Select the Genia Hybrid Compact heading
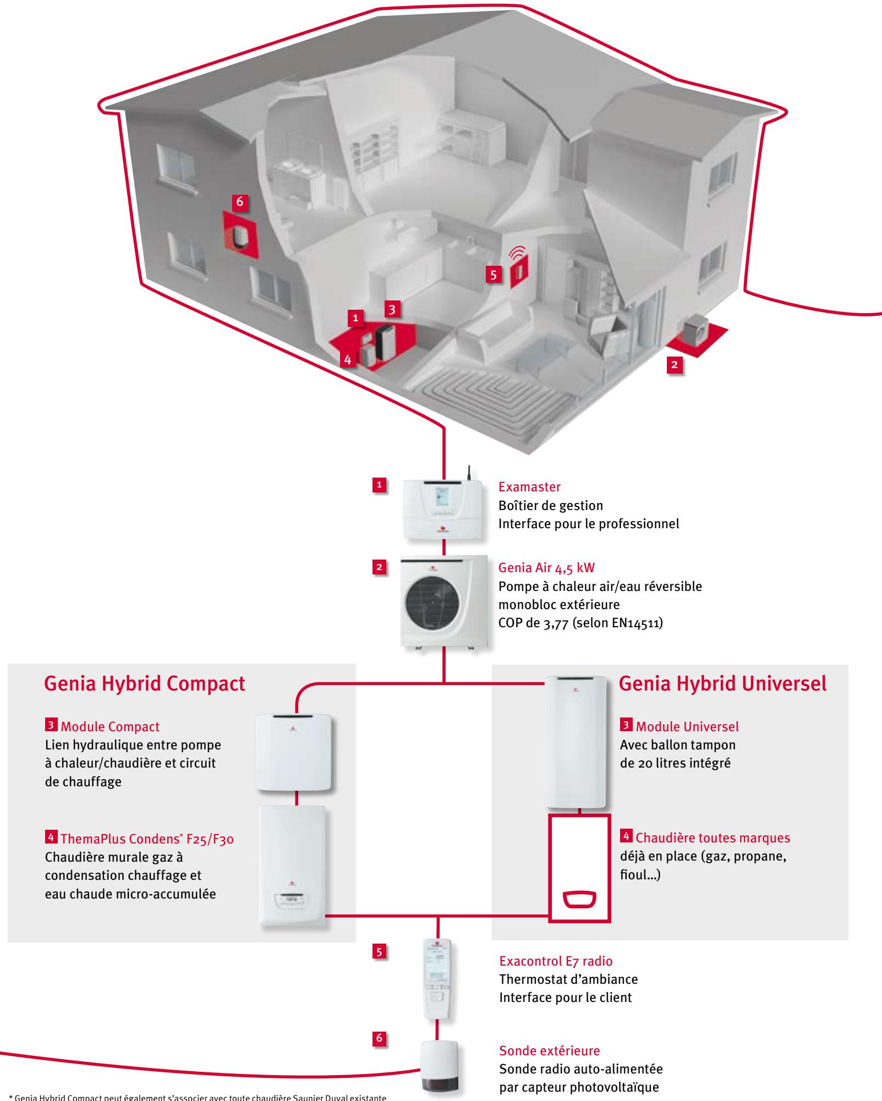144,683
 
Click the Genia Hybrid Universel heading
722,683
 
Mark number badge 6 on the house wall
239,202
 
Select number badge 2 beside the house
676,365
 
